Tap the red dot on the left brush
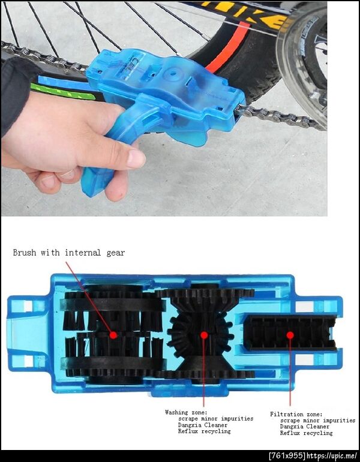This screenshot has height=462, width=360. point(113,335)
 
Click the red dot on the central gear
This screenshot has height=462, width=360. point(204,335)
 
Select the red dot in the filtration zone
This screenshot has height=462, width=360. point(290,335)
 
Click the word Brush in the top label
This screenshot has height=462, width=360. point(25,253)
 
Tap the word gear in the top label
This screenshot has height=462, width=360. point(115,253)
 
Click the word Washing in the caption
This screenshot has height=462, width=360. point(176,412)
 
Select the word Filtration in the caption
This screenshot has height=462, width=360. point(285,414)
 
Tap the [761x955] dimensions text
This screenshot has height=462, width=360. point(287,456)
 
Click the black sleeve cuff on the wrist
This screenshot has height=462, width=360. point(15,94)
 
